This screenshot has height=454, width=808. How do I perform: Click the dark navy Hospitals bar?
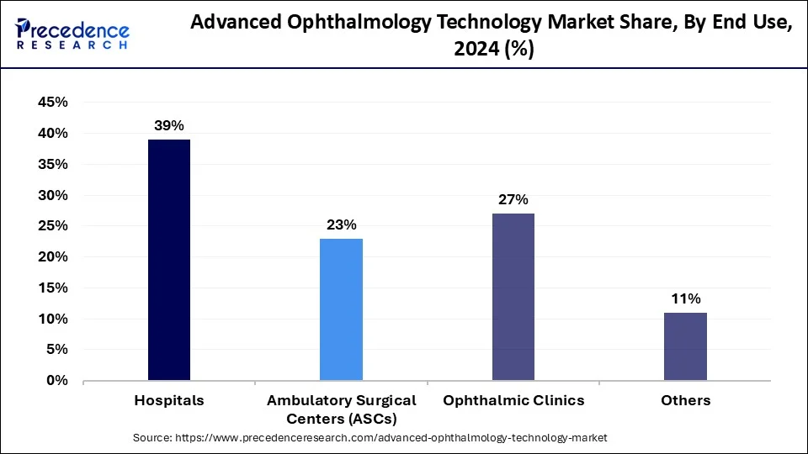click(169, 260)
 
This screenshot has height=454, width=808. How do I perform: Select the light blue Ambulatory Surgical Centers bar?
click(341, 309)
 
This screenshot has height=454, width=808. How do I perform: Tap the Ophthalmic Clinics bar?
click(513, 297)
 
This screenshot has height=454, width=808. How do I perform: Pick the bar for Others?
click(685, 346)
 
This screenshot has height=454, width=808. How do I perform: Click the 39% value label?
click(168, 125)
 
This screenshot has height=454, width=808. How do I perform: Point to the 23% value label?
click(341, 224)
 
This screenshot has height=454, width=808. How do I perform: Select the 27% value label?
click(513, 199)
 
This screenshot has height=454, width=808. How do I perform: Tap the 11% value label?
click(685, 298)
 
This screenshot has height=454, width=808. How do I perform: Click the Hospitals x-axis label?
click(169, 400)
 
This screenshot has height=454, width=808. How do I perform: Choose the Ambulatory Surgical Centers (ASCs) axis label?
click(341, 409)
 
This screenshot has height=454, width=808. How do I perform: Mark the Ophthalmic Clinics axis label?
click(513, 400)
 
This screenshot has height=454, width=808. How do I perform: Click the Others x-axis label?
click(685, 400)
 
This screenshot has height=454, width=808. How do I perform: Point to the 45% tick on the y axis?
click(53, 103)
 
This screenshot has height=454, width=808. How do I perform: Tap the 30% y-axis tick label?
click(53, 195)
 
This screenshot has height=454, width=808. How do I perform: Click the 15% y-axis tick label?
click(53, 288)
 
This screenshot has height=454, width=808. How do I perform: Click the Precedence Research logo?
click(72, 34)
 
